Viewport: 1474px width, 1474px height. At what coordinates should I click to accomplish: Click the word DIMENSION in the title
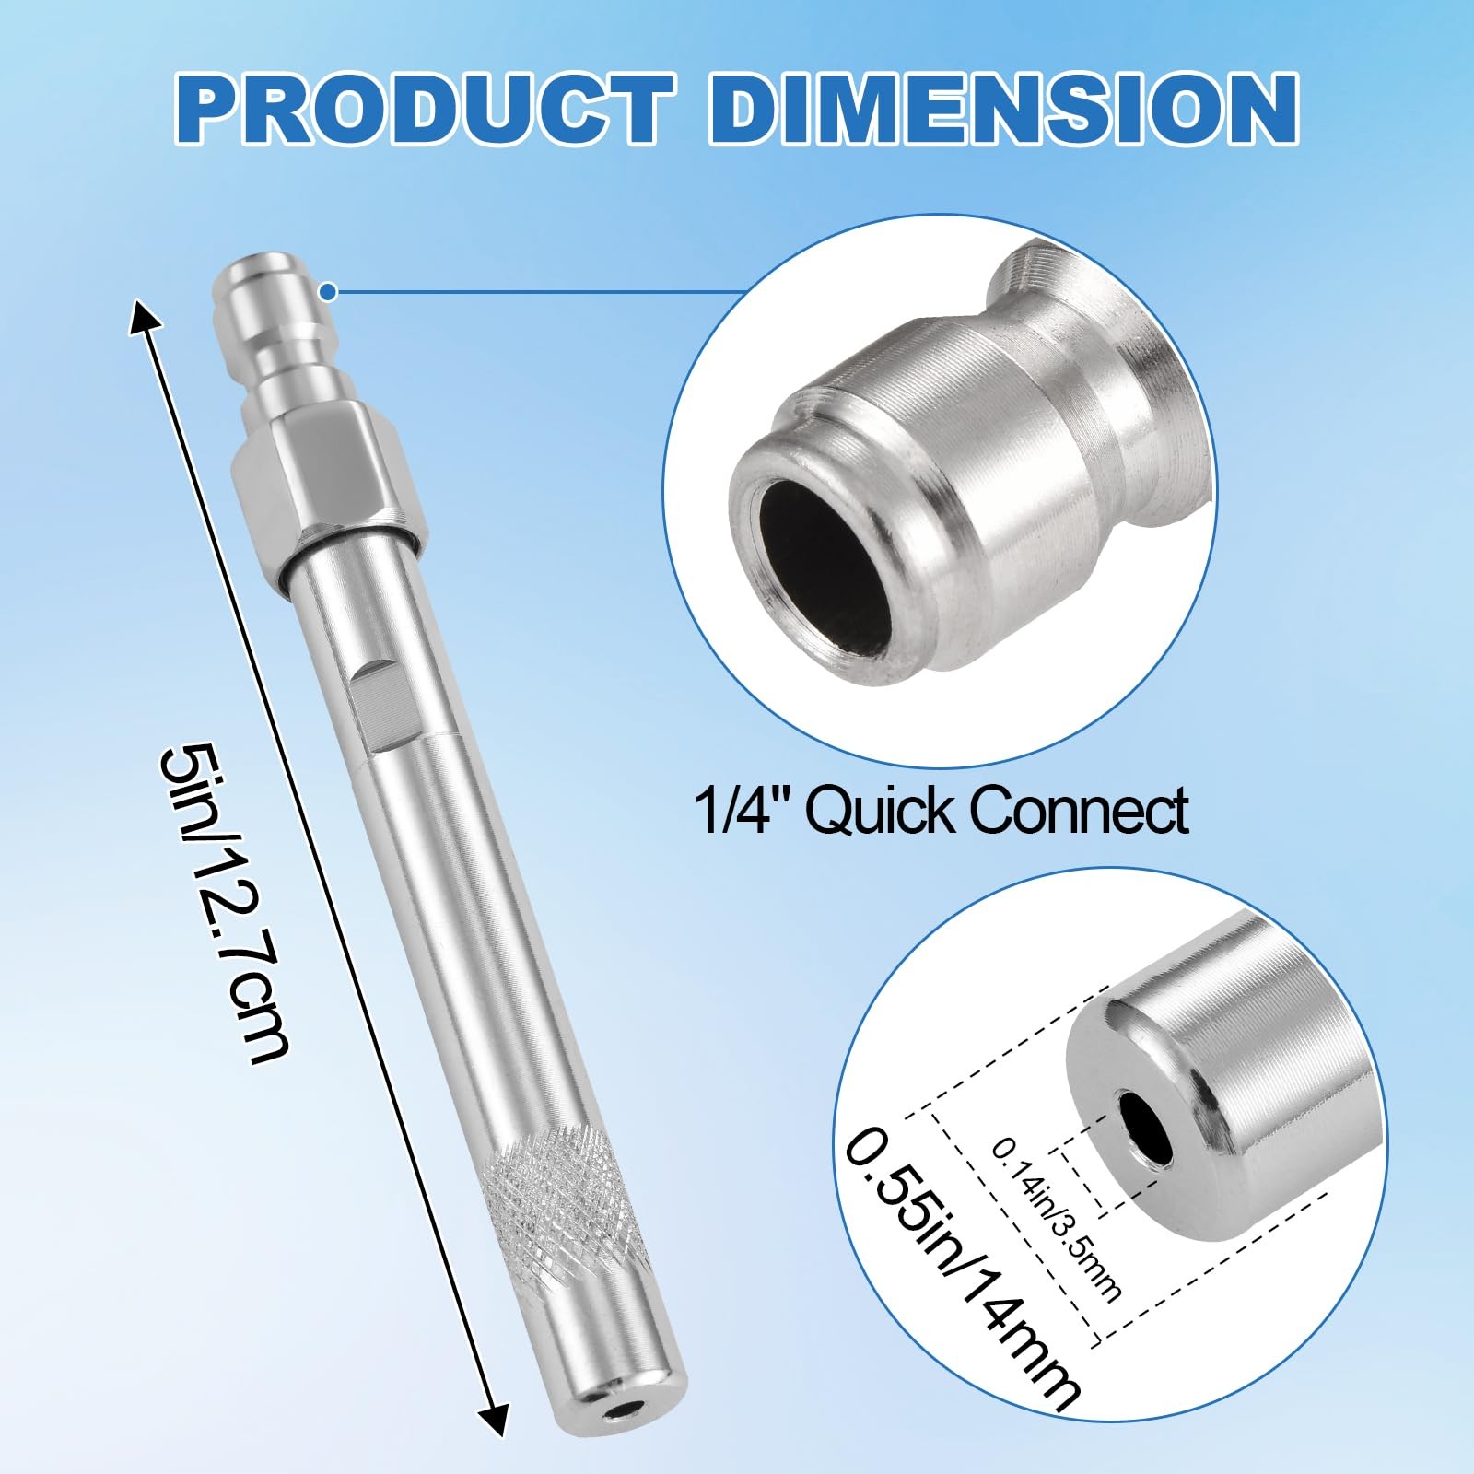pyautogui.click(x=1003, y=108)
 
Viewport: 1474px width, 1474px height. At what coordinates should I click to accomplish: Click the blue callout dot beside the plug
pyautogui.click(x=329, y=293)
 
